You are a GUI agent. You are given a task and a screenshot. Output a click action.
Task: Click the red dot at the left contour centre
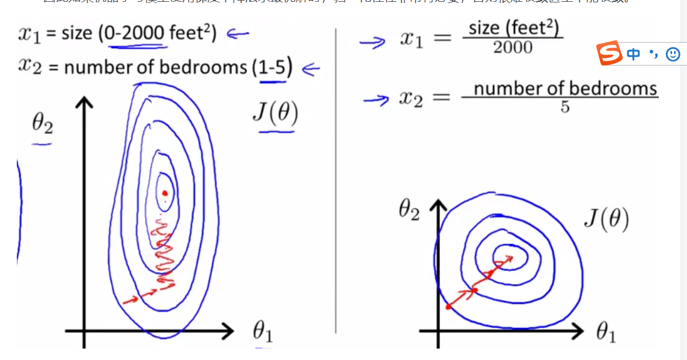click(164, 192)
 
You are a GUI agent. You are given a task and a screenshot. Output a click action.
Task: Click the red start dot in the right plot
click(448, 307)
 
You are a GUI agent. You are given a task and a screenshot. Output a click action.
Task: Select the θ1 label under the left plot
click(263, 332)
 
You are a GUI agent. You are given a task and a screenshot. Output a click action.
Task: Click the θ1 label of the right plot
click(606, 332)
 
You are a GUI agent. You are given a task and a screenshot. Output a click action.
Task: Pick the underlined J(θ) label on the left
click(275, 112)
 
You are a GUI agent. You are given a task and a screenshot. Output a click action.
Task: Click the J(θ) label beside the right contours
click(606, 220)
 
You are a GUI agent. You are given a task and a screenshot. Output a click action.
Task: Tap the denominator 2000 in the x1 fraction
click(513, 47)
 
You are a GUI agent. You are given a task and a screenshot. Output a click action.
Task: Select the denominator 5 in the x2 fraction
click(565, 108)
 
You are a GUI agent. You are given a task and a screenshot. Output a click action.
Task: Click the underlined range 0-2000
click(135, 34)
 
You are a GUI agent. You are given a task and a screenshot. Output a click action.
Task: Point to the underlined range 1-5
click(272, 68)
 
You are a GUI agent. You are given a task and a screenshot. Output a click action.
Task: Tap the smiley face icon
click(673, 54)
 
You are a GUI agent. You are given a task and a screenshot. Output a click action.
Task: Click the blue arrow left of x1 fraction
click(373, 42)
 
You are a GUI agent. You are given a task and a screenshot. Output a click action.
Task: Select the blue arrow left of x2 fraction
click(376, 99)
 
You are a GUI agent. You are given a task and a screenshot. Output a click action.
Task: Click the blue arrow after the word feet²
click(237, 34)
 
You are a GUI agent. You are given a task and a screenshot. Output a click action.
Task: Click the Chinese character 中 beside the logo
click(633, 54)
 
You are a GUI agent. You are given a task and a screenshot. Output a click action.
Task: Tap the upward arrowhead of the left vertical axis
click(84, 102)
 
